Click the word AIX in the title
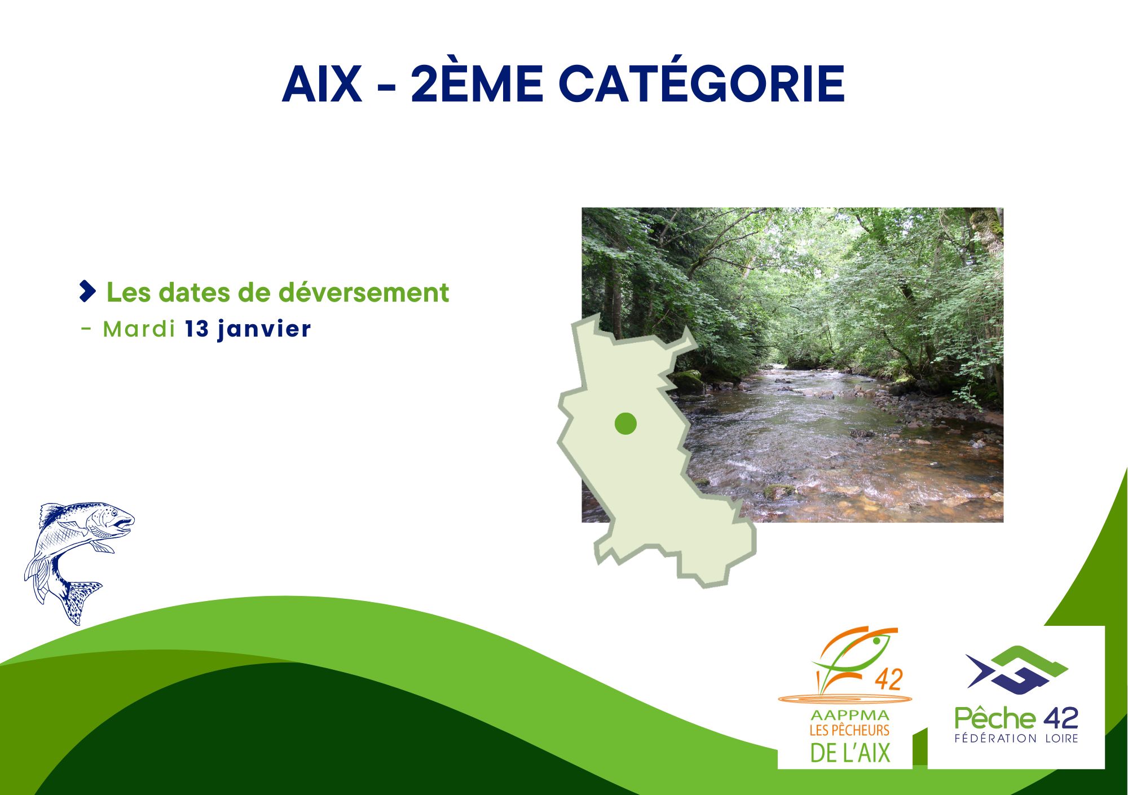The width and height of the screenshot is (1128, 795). [x=322, y=84]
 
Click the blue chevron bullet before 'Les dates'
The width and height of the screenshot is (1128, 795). [x=87, y=291]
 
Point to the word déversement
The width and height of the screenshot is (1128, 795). [x=364, y=292]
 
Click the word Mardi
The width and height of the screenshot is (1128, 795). [x=139, y=329]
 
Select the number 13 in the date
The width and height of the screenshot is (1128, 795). [x=197, y=329]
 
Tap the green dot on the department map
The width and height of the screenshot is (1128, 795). [x=625, y=423]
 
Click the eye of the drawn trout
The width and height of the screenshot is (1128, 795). [x=114, y=513]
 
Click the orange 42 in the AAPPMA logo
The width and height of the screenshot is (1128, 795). [x=888, y=679]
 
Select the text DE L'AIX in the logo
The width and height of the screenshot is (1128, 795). [x=850, y=753]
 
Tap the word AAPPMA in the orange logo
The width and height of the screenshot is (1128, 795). [x=849, y=715]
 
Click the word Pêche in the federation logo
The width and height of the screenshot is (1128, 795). [x=995, y=718]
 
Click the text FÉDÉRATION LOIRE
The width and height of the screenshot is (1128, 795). [x=1016, y=738]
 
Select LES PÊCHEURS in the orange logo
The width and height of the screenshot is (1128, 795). [x=849, y=730]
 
